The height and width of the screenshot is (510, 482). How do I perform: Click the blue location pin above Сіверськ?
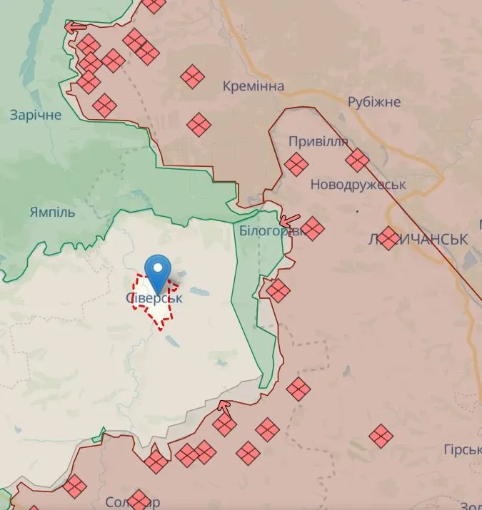click(x=158, y=271)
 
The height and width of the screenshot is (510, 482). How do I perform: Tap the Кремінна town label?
click(x=253, y=86)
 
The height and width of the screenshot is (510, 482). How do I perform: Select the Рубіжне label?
click(x=374, y=102)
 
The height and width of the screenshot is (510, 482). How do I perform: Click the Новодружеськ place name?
click(x=358, y=185)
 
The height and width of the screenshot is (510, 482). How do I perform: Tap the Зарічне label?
click(x=36, y=115)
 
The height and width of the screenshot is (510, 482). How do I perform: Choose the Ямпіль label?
click(x=52, y=213)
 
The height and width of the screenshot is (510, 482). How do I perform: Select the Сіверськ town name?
click(x=154, y=298)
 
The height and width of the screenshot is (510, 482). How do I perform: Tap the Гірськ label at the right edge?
click(x=461, y=450)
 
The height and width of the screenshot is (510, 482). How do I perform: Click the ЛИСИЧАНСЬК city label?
click(x=417, y=239)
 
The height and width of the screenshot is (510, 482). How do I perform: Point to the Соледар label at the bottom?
click(x=132, y=502)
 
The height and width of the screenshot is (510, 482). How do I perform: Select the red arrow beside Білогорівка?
click(x=288, y=220)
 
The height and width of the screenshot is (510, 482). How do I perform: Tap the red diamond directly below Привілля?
click(x=296, y=165)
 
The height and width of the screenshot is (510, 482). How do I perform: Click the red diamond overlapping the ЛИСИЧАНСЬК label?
click(x=389, y=238)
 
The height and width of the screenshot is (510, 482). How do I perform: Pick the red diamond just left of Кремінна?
click(x=192, y=76)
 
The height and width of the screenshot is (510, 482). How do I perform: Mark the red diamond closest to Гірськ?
click(x=381, y=435)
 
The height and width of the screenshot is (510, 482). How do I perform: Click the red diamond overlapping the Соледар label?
click(x=139, y=500)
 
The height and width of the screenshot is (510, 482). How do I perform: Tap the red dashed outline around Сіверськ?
click(x=136, y=303)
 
